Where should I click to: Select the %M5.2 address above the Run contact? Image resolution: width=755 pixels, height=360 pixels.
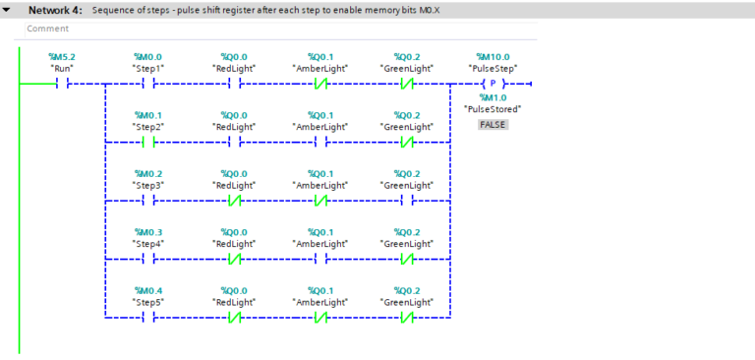[61, 57]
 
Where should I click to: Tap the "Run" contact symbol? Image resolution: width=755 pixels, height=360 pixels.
[61, 85]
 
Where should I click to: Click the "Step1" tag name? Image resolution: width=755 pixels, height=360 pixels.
[147, 69]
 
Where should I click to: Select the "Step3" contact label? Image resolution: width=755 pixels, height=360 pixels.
[147, 185]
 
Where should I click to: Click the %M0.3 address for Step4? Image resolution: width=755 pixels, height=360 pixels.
[147, 231]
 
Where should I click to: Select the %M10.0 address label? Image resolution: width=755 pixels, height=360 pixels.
[493, 57]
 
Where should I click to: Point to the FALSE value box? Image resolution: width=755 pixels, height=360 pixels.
[493, 124]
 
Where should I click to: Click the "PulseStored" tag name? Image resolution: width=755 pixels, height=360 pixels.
[493, 109]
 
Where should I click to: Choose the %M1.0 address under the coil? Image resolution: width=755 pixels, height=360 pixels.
[493, 97]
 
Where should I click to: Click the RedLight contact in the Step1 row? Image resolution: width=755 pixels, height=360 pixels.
[234, 85]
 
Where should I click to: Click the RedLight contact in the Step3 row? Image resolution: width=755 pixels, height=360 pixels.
[234, 200]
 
